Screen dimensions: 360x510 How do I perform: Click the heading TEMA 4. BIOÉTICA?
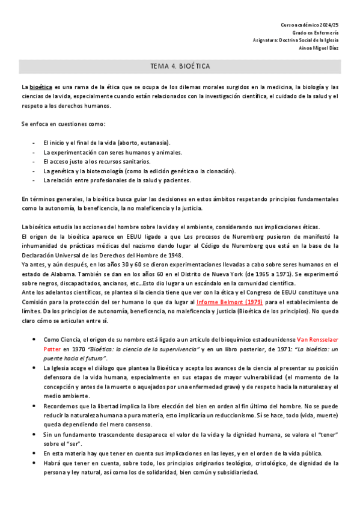(180, 65)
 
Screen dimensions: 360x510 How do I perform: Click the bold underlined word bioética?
(41, 87)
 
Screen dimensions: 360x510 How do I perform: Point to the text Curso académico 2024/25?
(310, 25)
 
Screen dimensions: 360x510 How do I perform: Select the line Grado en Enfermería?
(316, 32)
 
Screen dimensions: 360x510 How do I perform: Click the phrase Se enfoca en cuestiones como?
(63, 124)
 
